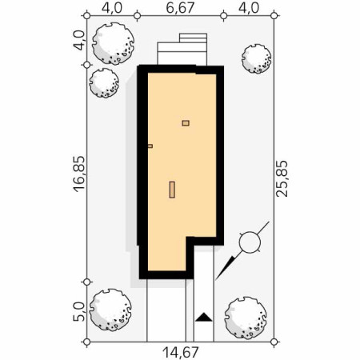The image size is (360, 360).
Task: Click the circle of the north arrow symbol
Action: click(250, 241)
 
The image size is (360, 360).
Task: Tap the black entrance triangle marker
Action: click(206, 317)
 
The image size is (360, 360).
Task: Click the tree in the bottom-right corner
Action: click(246, 318)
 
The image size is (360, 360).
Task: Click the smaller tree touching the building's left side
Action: click(105, 82)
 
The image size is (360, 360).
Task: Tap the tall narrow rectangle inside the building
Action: click(172, 190)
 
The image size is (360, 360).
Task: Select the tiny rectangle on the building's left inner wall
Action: click(150, 146)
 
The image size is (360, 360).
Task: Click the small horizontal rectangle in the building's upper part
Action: click(186, 122)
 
